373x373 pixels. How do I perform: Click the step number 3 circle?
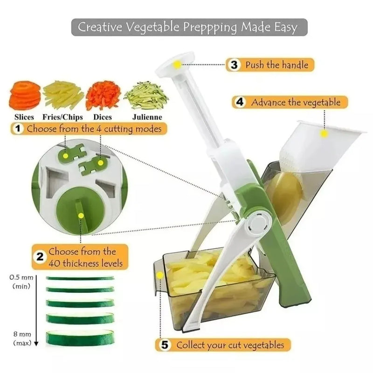[234, 65]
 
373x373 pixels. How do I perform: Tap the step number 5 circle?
[165, 345]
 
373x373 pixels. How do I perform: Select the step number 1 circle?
[18, 129]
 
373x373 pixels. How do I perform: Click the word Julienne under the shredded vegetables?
[147, 117]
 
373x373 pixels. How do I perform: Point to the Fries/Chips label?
[62, 117]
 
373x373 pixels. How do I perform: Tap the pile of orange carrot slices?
[24, 95]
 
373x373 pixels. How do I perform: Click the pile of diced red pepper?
[103, 95]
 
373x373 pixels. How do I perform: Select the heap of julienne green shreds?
[146, 95]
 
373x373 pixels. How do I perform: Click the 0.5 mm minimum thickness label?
[21, 282]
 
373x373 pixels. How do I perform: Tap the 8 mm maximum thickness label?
[22, 338]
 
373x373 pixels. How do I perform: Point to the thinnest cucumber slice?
[80, 278]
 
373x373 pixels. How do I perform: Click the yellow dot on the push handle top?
[177, 64]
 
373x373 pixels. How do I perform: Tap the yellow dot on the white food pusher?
[324, 133]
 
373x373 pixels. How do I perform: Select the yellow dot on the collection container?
[160, 275]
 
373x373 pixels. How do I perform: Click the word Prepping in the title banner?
[210, 28]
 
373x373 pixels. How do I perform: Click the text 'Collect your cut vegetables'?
[230, 345]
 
